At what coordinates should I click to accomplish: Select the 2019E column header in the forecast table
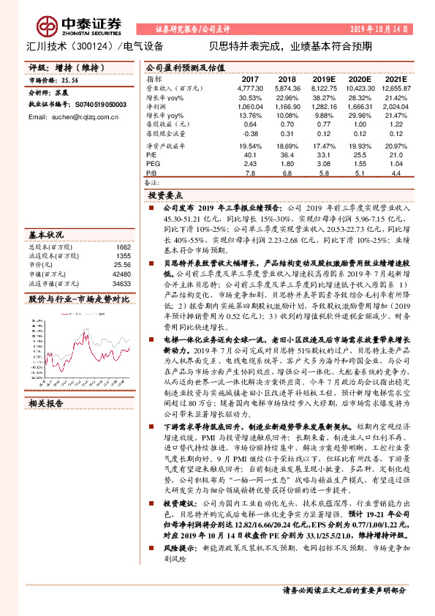click(322, 78)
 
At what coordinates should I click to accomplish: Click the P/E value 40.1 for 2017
click(251, 154)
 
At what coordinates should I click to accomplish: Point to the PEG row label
click(152, 163)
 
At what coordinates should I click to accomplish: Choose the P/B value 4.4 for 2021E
click(397, 173)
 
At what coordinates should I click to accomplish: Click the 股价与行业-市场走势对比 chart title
click(78, 298)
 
